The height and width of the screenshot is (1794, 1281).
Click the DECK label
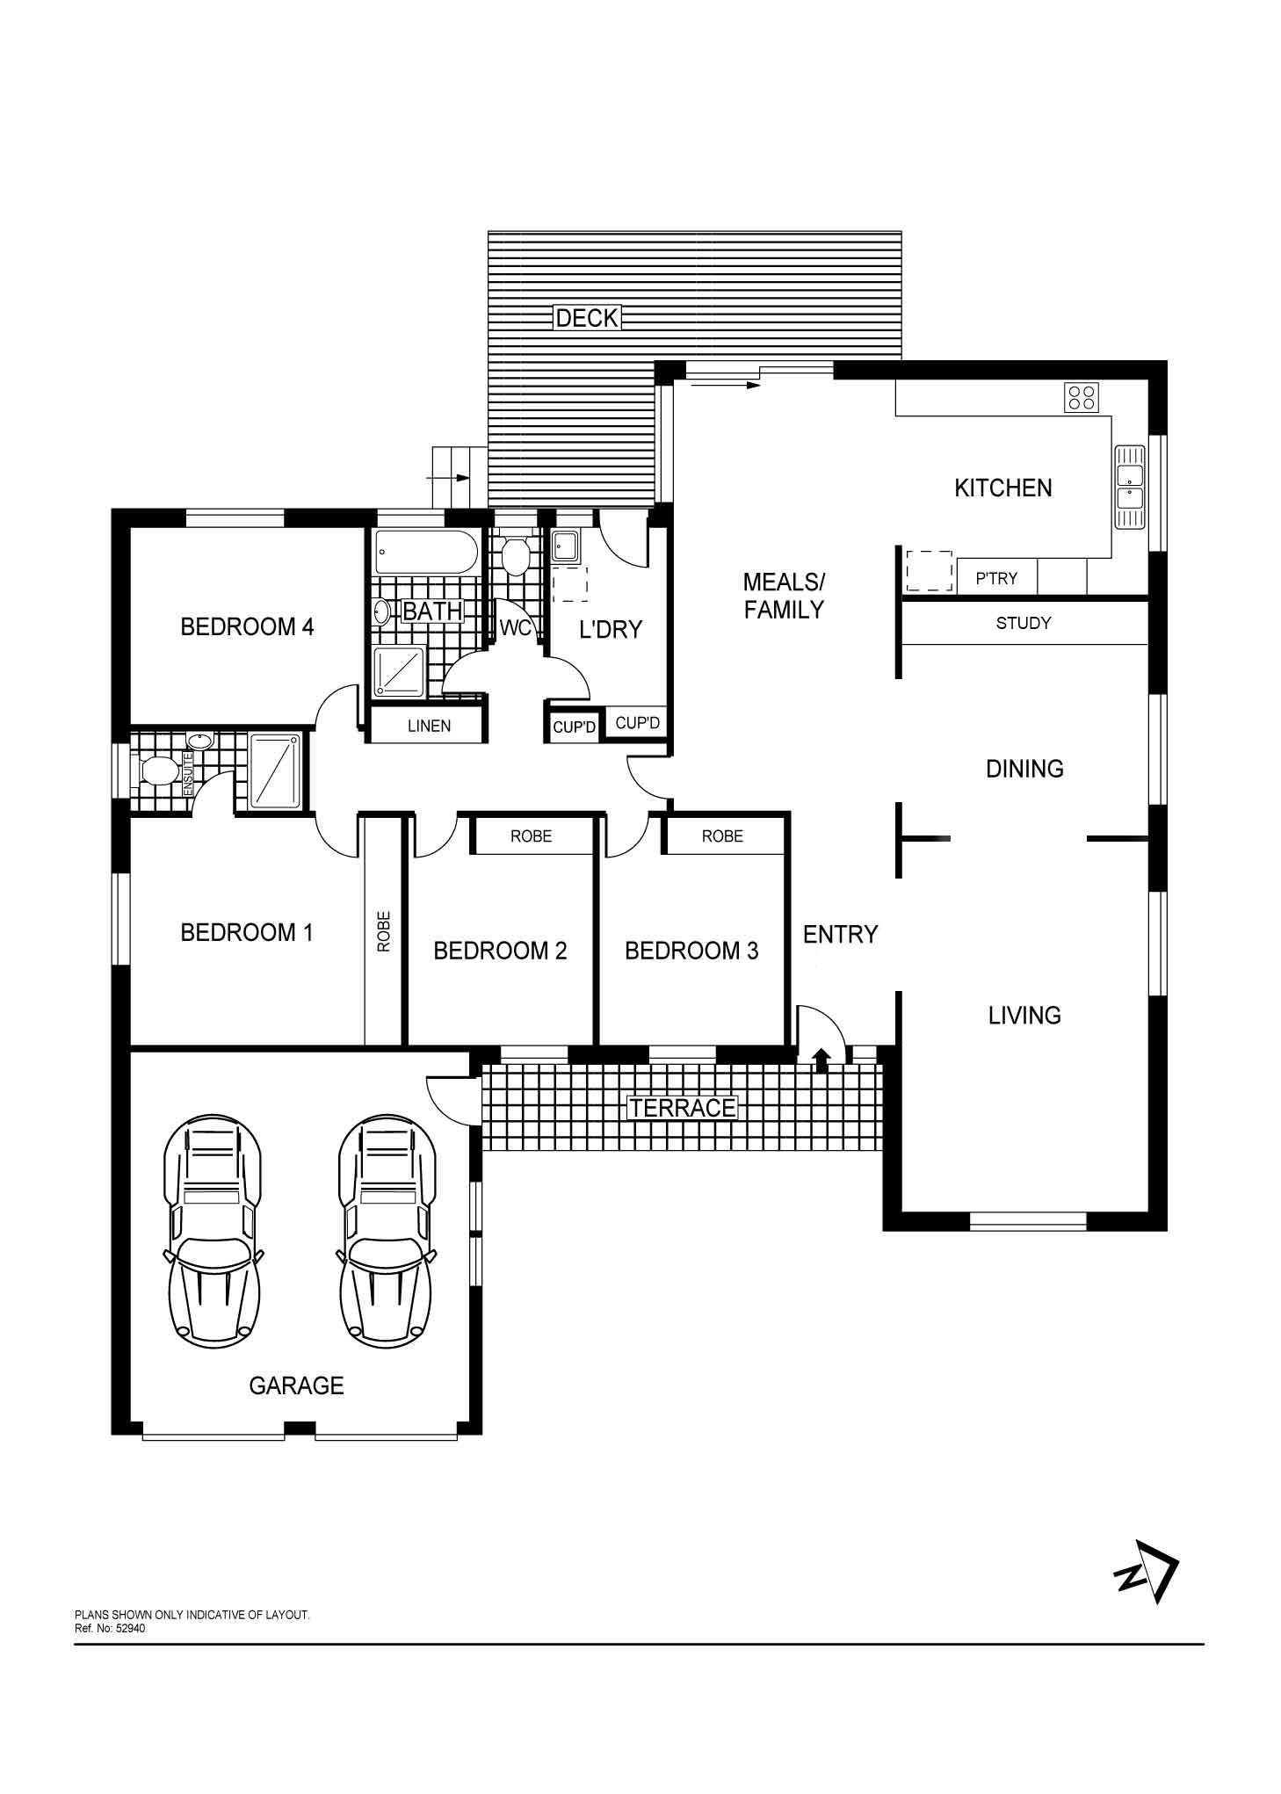click(x=587, y=317)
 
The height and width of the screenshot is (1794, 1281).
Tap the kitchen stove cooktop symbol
click(x=1081, y=397)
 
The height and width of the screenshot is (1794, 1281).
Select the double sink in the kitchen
click(x=1129, y=487)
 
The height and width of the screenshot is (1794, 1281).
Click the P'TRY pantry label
click(x=996, y=578)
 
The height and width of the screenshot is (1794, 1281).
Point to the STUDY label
click(x=1024, y=623)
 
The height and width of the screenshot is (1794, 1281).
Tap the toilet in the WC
click(x=514, y=553)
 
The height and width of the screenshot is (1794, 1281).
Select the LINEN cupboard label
click(x=430, y=726)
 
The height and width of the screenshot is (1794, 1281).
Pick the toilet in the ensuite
click(x=159, y=771)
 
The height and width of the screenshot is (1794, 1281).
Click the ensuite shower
click(x=276, y=771)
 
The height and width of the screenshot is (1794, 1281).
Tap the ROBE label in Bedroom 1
click(x=384, y=931)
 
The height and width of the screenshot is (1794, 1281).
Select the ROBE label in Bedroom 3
click(x=722, y=836)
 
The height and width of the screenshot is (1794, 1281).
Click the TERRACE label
click(x=683, y=1108)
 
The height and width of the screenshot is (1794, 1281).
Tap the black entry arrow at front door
click(x=822, y=1060)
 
